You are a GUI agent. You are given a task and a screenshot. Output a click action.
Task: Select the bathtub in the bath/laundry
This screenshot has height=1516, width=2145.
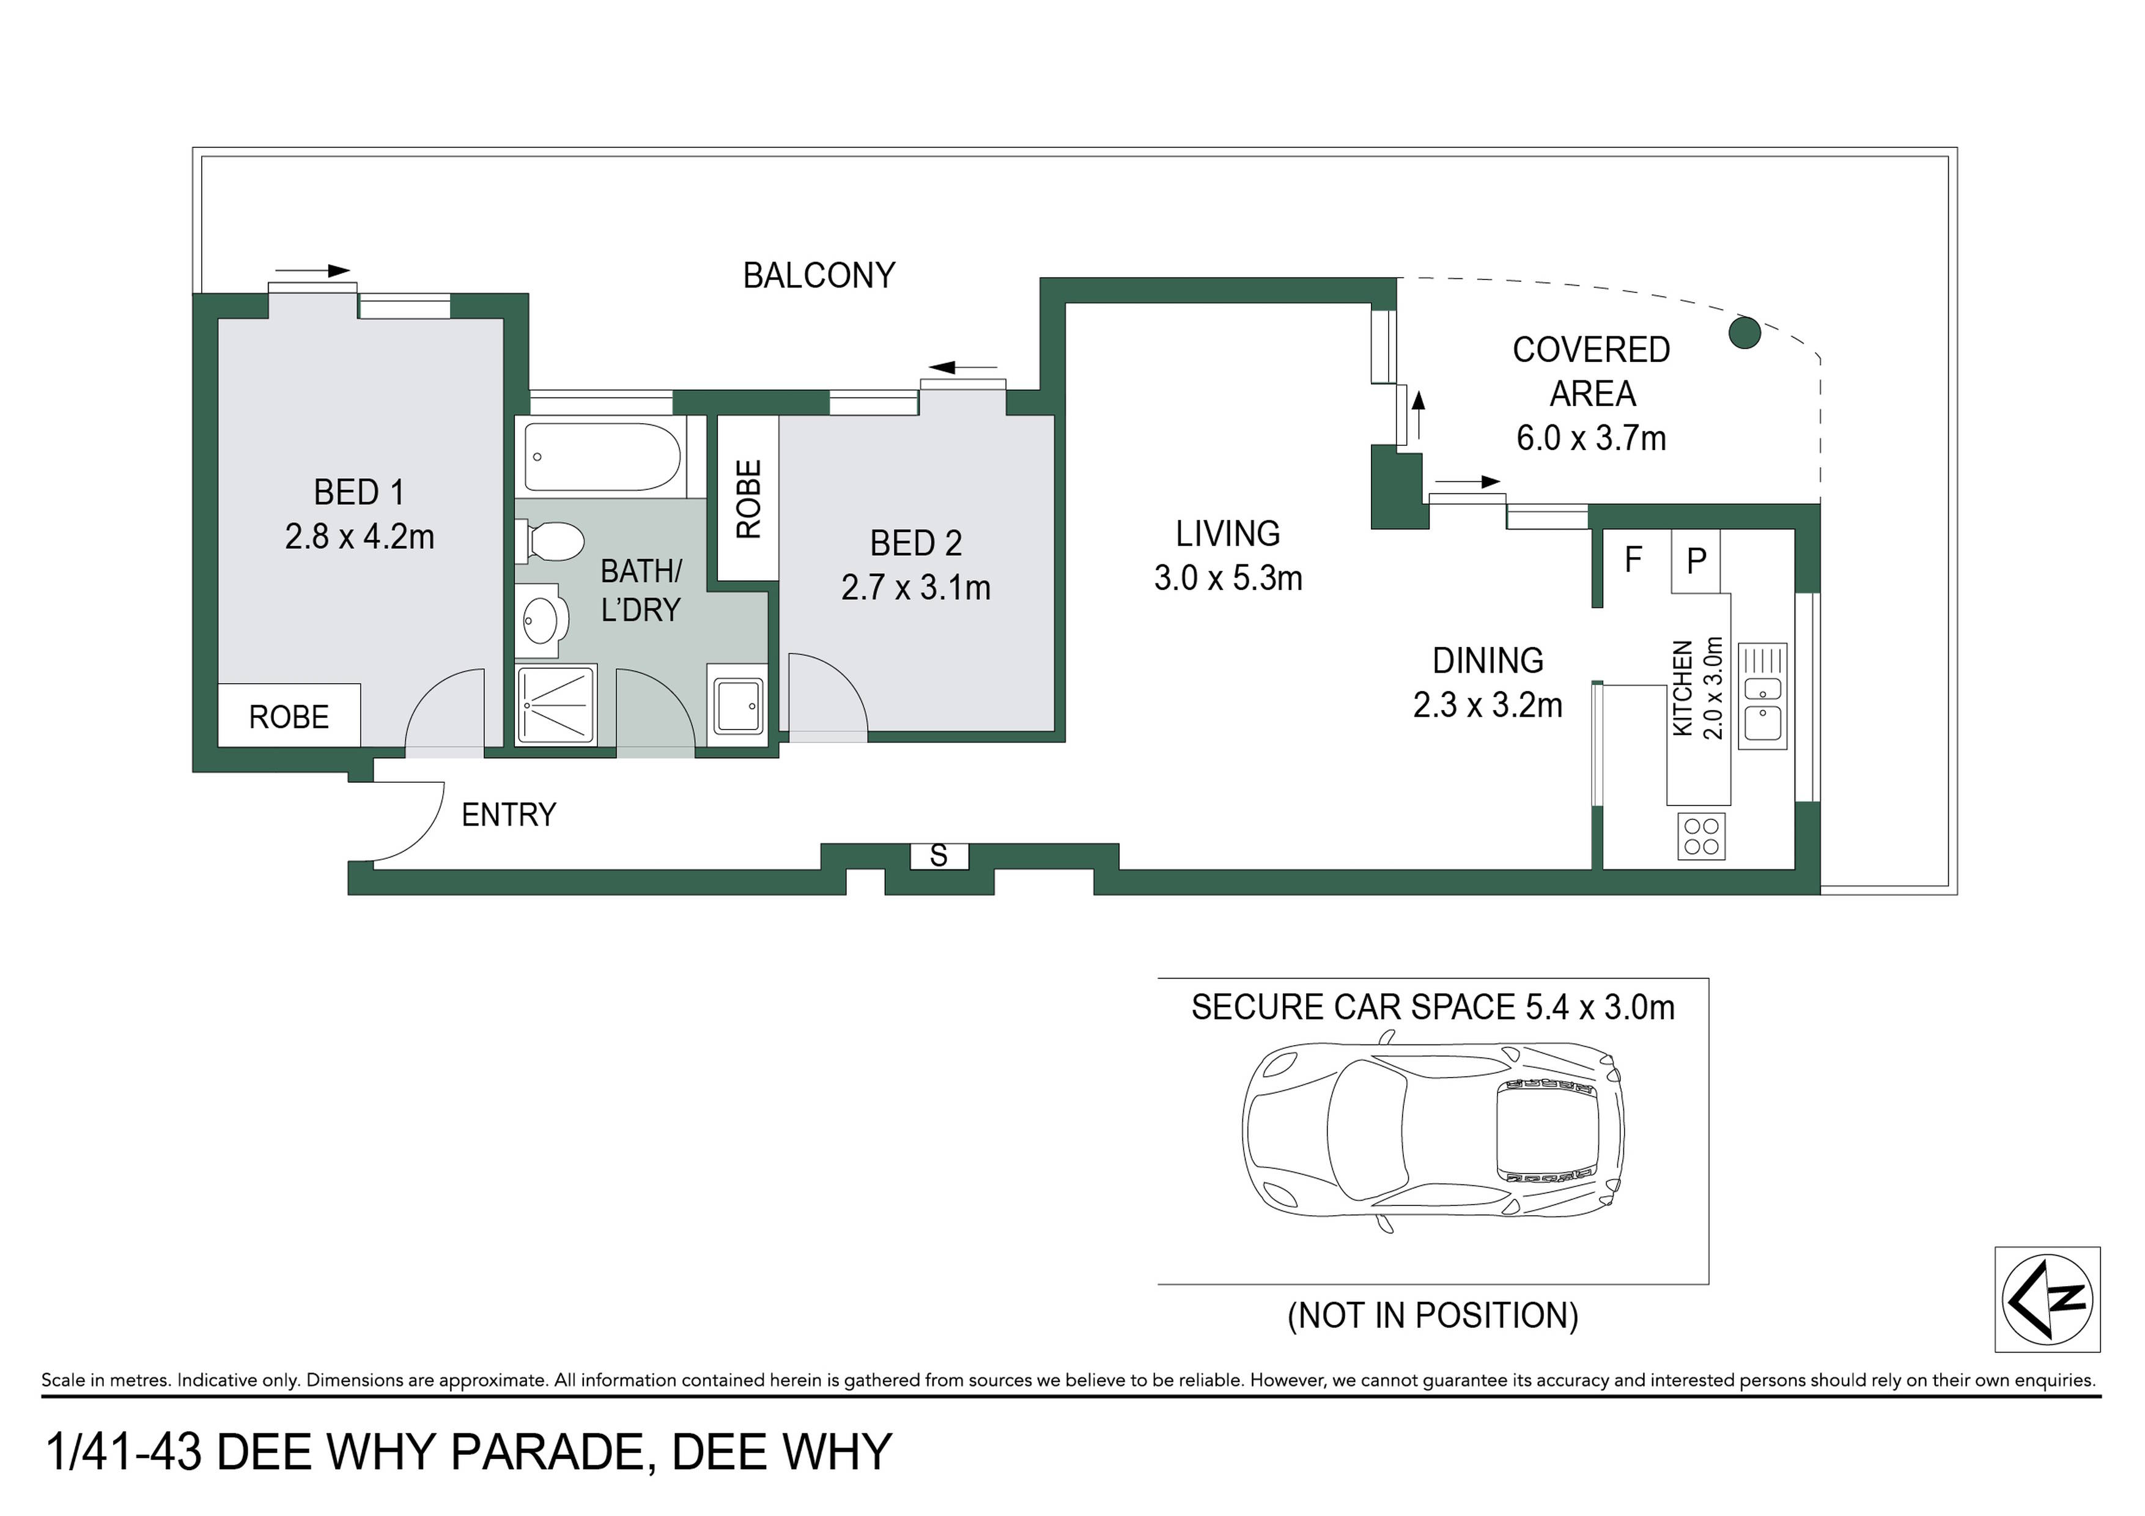point(602,457)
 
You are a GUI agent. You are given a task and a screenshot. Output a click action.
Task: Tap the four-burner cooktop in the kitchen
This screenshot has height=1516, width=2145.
point(1701,836)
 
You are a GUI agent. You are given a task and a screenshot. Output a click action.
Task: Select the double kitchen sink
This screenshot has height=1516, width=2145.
point(1762,696)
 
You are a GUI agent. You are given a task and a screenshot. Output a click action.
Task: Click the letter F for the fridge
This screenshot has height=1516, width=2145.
point(1633,560)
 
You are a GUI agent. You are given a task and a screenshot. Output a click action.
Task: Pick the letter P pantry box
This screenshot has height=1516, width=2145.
point(1696,560)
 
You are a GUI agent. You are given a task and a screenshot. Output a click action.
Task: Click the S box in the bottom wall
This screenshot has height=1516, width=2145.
point(939,855)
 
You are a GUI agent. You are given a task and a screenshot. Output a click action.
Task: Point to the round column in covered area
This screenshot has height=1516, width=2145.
point(1744,333)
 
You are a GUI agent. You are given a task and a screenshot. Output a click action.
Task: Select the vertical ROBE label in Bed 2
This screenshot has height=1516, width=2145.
point(749,499)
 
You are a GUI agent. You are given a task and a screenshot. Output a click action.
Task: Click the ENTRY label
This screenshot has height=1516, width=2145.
point(509,815)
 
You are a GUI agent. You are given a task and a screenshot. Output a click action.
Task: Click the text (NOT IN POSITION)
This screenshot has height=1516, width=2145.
point(1433,1315)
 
